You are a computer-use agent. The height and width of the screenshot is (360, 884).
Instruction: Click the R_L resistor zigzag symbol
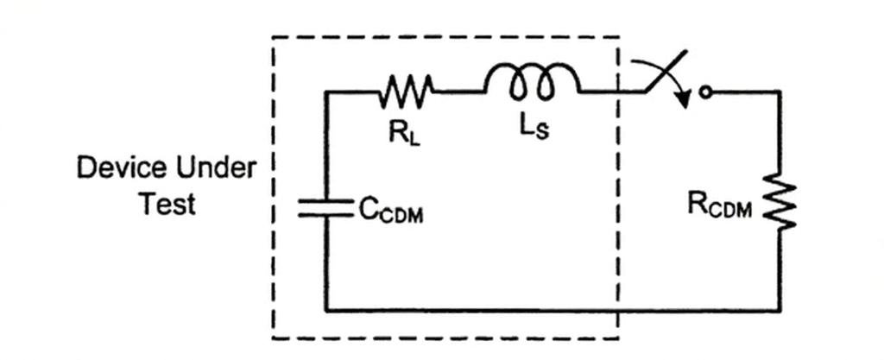click(406, 91)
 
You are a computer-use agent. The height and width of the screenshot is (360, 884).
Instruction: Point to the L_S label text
click(534, 129)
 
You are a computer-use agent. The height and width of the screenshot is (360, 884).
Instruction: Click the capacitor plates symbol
click(325, 207)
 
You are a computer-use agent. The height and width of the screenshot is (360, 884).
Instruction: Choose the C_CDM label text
click(391, 212)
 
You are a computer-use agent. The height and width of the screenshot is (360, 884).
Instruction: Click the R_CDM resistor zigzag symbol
click(780, 202)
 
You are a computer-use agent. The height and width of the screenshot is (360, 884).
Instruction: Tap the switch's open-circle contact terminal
click(704, 92)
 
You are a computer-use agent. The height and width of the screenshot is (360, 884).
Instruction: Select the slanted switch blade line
click(666, 71)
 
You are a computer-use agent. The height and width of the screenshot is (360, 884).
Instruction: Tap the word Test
click(168, 204)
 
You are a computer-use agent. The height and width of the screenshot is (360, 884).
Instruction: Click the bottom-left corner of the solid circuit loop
click(325, 310)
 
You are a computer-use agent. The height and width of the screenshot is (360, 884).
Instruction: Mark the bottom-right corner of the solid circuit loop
click(780, 310)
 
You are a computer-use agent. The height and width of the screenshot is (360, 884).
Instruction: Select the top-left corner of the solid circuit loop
click(325, 92)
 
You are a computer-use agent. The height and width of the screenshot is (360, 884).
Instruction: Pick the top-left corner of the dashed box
click(273, 37)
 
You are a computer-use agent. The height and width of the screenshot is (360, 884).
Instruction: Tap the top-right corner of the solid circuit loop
click(780, 92)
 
